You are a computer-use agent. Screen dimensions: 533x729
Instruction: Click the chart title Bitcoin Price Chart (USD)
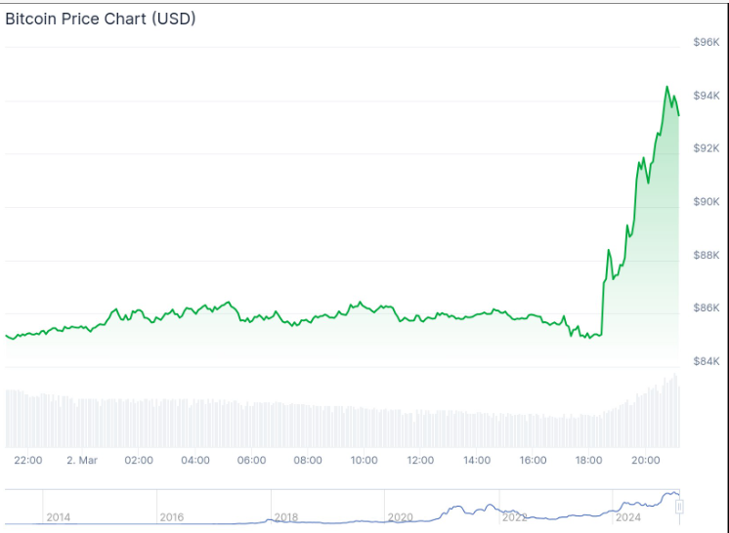pos(101,19)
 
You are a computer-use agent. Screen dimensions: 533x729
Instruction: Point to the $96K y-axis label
pos(706,42)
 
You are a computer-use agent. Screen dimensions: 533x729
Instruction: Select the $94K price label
pos(706,96)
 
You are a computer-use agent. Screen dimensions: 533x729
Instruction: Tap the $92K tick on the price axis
pos(706,148)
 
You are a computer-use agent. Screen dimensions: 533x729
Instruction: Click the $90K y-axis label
pos(706,202)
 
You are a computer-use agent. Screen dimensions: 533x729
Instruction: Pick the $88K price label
pos(706,255)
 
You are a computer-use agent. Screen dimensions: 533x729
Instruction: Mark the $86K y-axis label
pos(706,308)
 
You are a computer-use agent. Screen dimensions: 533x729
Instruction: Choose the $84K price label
pos(706,361)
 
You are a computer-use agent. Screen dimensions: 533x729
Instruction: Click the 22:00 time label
pos(27,460)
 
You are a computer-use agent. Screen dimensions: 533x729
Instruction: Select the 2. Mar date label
pos(82,460)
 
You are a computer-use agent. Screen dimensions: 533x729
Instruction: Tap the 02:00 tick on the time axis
pos(139,460)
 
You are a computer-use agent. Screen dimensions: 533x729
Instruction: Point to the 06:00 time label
pos(252,460)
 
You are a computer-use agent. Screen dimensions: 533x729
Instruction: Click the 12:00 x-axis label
pos(421,460)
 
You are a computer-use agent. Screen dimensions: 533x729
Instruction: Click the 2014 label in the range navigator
pos(58,516)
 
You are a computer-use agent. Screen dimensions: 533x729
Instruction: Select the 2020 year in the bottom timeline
pos(400,516)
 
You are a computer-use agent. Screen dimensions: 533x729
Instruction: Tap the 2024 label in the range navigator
pos(627,516)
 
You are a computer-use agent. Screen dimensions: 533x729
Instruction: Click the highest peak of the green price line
pos(667,87)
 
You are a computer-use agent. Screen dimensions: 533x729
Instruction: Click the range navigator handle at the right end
pos(679,507)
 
